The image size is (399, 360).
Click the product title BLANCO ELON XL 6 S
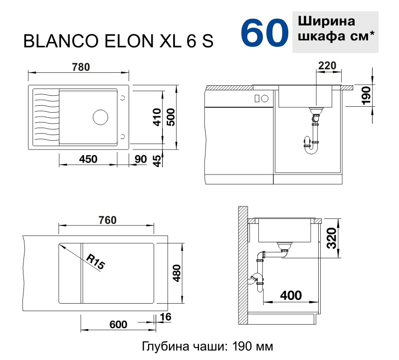pos(119,42)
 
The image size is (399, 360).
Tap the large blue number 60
pos(264,32)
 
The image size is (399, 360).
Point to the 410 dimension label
pos(157,118)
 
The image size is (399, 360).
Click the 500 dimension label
pos(171,118)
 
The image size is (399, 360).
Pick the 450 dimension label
pos(88,159)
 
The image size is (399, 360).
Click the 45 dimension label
pos(157,161)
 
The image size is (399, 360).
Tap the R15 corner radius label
pos(95,261)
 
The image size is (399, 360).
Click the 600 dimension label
pos(118,325)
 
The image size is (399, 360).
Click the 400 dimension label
pos(291,295)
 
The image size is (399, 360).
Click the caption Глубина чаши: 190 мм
pos(208,346)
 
